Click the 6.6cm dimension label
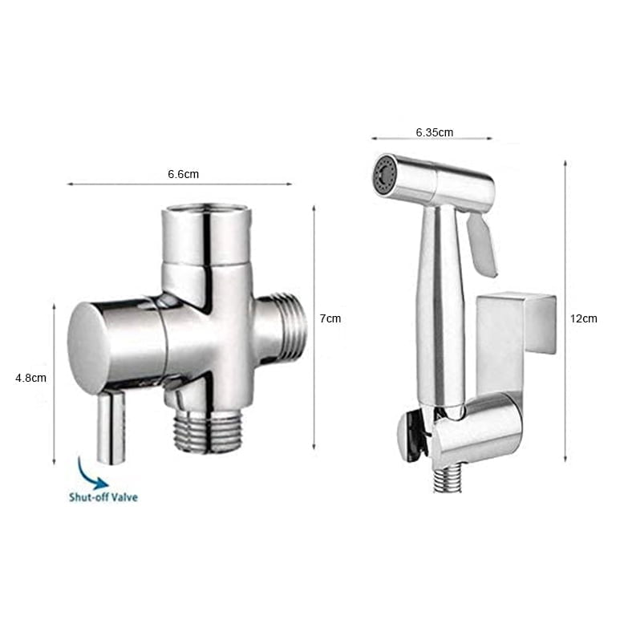183,174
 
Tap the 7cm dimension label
330,318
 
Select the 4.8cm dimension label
30,378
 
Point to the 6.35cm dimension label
435,132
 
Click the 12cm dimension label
584,318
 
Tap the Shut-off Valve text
103,497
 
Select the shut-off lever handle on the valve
111,427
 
